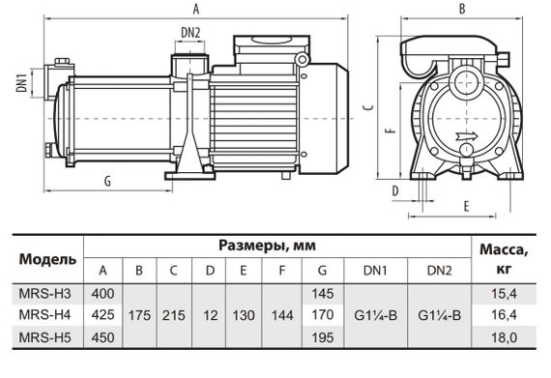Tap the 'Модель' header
[x=42, y=259]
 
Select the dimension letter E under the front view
[x=466, y=206]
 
